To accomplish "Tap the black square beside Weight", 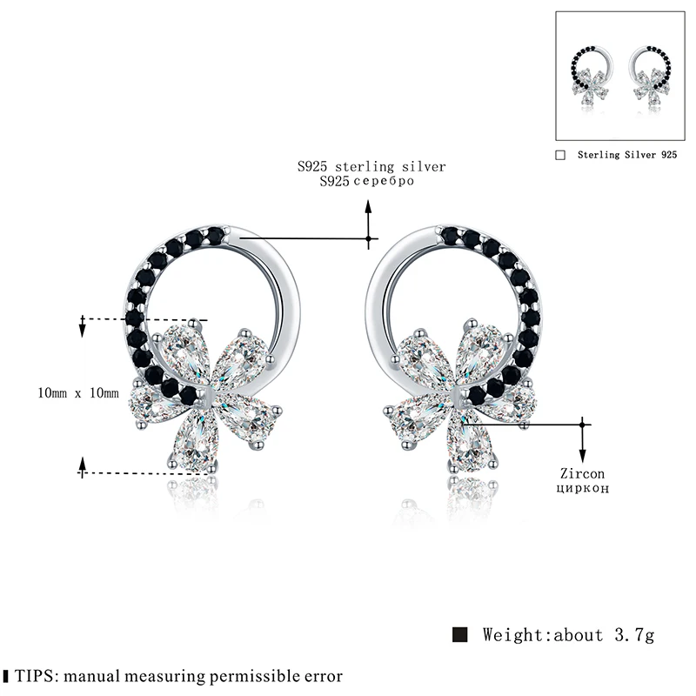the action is (461, 634).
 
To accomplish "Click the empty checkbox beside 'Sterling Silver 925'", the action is (560, 154).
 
